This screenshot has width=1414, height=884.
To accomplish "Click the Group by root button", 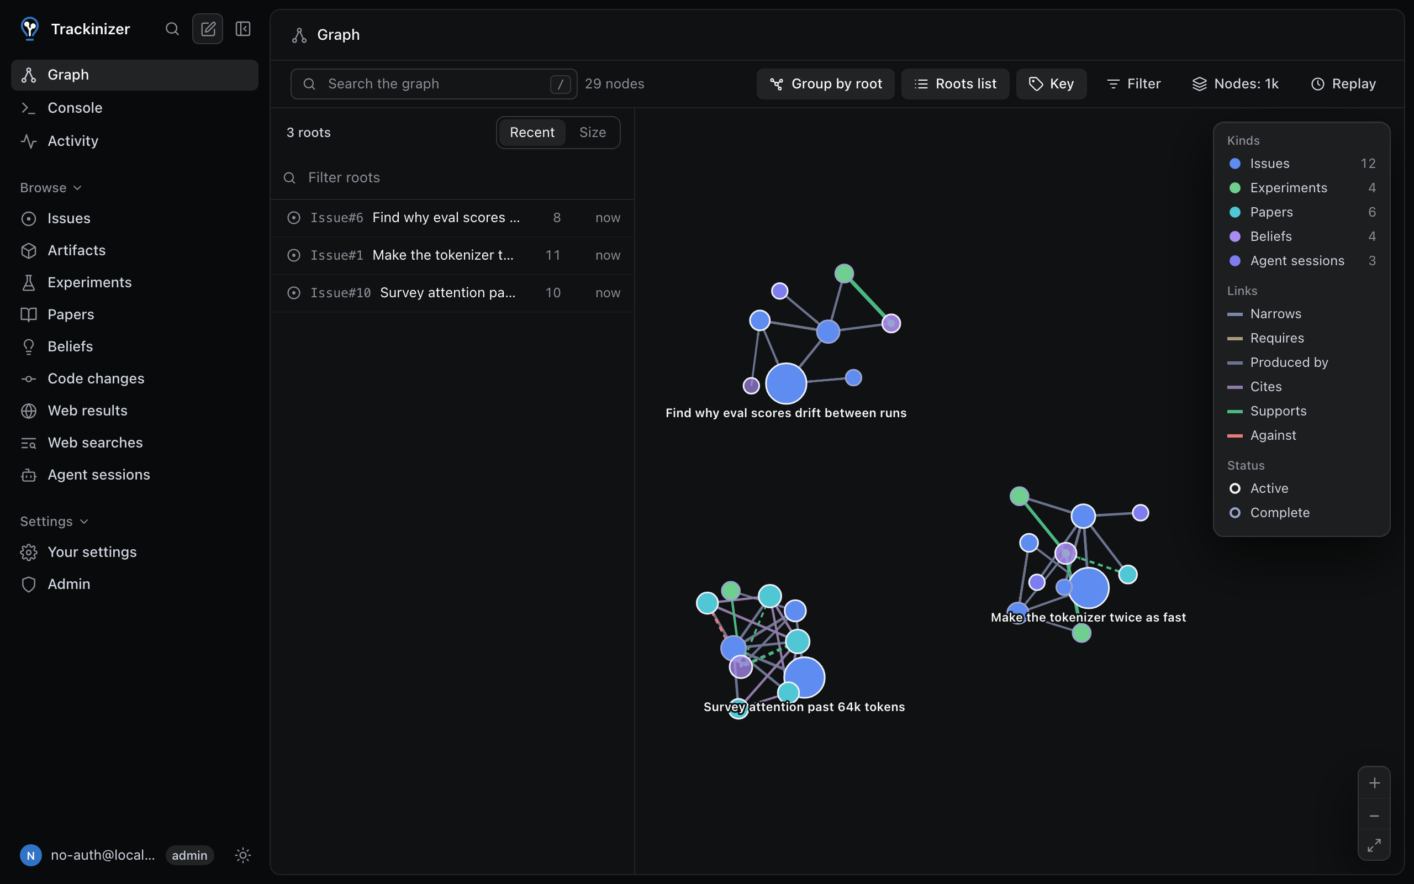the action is click(825, 83).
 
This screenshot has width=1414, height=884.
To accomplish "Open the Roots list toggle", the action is click(955, 83).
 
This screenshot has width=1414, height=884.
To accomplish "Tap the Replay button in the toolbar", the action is click(1343, 83).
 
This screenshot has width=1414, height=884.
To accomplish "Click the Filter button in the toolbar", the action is click(1133, 83).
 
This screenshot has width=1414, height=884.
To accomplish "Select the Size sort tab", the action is click(592, 132).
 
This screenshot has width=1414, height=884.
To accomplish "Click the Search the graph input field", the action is click(434, 83).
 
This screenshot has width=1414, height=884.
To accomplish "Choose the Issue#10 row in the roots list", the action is click(452, 292).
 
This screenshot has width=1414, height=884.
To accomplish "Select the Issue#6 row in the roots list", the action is click(452, 218).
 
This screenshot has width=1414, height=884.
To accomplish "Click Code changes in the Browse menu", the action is click(96, 378).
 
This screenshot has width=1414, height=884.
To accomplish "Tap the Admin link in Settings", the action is click(68, 584).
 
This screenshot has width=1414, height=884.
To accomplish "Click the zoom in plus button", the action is click(1374, 783).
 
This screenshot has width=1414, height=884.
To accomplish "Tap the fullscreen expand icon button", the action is click(1374, 845).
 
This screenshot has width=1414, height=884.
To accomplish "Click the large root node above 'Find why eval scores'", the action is click(786, 383).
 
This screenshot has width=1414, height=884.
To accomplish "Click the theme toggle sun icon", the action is click(242, 855).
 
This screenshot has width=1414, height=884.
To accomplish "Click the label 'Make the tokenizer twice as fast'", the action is click(1088, 617).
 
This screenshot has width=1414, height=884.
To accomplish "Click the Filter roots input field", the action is click(452, 177).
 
